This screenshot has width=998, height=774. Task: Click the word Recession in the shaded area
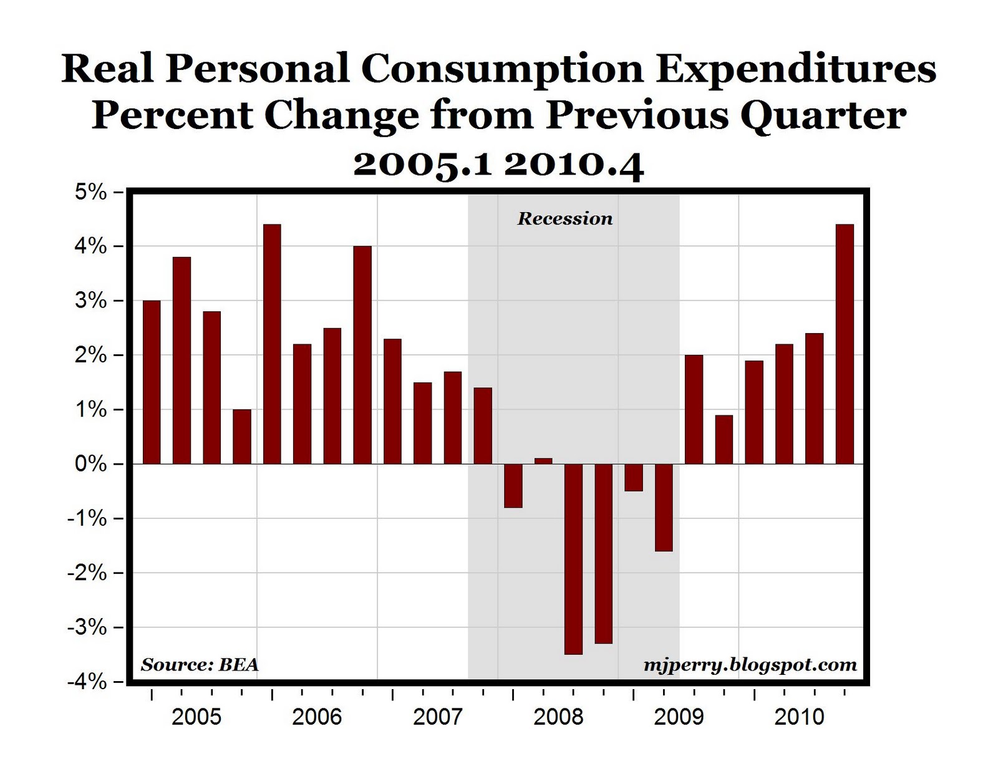(x=564, y=219)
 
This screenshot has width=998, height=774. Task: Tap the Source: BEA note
(x=200, y=665)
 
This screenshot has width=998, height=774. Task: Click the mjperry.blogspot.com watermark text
(x=750, y=665)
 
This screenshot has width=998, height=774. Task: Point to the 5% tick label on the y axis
(x=91, y=192)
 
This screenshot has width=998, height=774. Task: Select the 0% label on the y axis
(x=91, y=465)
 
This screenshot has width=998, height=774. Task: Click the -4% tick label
(x=87, y=682)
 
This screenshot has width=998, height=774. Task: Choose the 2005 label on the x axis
(x=196, y=717)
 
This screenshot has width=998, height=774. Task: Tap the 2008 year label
(x=558, y=717)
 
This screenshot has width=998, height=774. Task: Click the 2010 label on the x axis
(x=799, y=717)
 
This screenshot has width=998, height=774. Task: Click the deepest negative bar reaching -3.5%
(x=573, y=559)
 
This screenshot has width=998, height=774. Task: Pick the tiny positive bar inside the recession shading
(x=543, y=462)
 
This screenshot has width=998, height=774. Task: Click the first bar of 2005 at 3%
(x=152, y=382)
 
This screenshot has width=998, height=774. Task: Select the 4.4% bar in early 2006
(x=272, y=344)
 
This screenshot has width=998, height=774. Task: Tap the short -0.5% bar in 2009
(x=634, y=478)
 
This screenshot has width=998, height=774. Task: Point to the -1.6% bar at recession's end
(x=664, y=508)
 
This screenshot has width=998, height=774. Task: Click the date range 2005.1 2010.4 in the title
(x=498, y=165)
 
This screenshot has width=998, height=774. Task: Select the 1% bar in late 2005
(x=242, y=437)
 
